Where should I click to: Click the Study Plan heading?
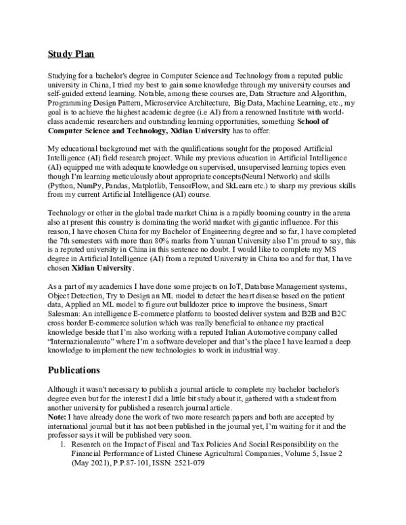tap(72, 53)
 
